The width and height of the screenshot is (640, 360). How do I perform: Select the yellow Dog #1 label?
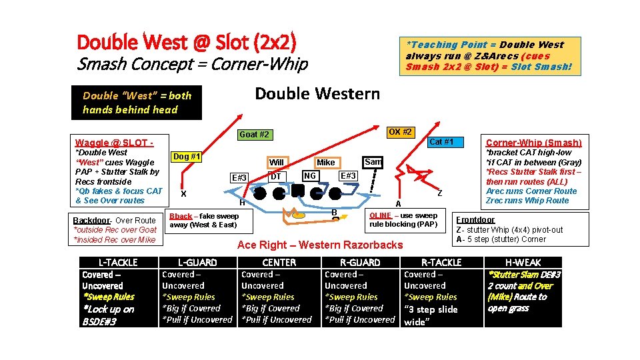point(187,157)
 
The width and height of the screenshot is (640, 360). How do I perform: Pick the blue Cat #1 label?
point(441,141)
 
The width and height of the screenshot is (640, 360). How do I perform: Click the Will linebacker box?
point(277,162)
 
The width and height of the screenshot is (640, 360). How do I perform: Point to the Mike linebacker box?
point(326,162)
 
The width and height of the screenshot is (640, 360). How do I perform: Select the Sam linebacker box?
point(373,162)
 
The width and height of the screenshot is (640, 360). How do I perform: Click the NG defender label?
point(309,176)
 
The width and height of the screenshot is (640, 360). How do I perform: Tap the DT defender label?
point(275,177)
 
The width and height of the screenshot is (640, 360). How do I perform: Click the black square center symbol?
point(298,191)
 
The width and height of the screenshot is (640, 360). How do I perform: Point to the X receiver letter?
point(183,193)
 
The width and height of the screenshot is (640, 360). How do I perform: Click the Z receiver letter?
point(439,193)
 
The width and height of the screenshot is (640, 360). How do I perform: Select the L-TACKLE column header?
point(118,263)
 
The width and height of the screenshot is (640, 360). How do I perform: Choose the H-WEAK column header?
point(523,263)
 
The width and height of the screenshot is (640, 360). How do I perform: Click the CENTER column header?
point(279,263)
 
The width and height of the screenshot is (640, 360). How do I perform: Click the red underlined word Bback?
point(181,216)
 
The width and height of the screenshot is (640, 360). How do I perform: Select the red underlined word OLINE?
point(381,215)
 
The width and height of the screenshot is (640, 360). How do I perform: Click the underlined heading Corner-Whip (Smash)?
point(533,143)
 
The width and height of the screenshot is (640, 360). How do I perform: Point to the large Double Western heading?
point(317,93)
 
